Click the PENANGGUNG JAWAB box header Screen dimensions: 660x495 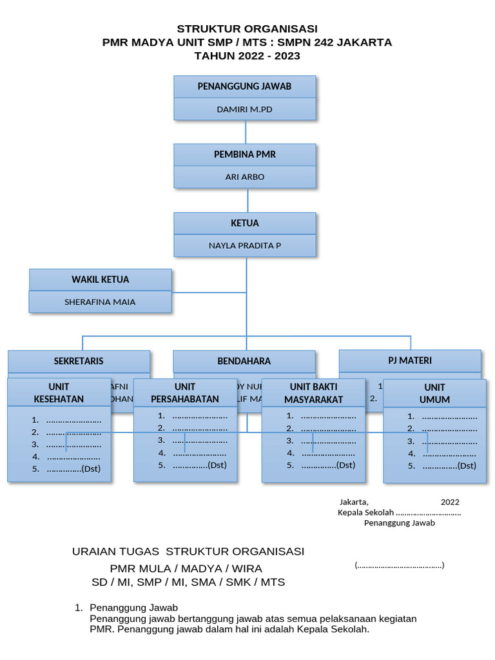[x=244, y=86]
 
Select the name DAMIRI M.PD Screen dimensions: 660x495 [x=244, y=110]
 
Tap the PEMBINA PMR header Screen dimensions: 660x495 [x=244, y=155]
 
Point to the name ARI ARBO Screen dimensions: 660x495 [x=244, y=177]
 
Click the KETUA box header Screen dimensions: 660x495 [x=244, y=223]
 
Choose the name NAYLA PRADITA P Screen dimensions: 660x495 [x=244, y=246]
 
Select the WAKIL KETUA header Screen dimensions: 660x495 [x=100, y=279]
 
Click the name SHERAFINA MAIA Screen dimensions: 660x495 [x=100, y=302]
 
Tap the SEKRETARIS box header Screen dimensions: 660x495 [x=79, y=361]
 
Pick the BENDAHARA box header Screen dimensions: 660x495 [x=244, y=361]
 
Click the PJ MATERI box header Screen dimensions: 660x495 [x=410, y=360]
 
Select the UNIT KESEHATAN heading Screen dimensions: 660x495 [x=59, y=393]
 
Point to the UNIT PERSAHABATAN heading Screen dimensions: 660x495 [x=185, y=393]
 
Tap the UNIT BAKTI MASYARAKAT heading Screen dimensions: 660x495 [x=313, y=393]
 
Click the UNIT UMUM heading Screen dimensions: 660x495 [x=434, y=393]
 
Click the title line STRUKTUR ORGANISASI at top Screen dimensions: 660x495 [x=247, y=29]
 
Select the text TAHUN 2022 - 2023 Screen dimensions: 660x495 [x=247, y=56]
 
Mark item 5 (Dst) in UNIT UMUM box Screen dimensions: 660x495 [x=442, y=466]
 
